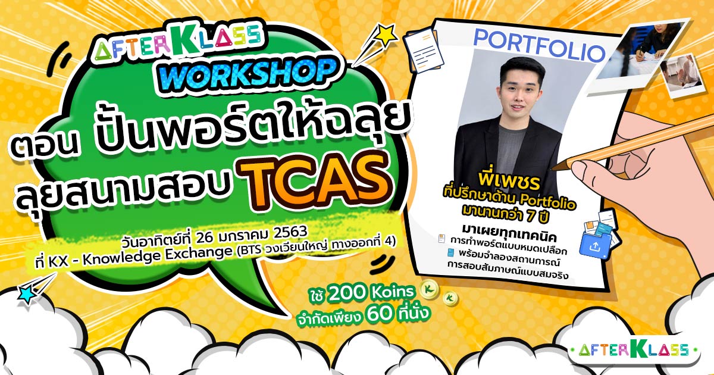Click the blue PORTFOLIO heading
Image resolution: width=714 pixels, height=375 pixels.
539,46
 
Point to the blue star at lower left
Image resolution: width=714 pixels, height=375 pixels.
27,294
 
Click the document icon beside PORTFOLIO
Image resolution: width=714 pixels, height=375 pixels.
423,51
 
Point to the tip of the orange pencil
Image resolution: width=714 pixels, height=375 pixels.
553,168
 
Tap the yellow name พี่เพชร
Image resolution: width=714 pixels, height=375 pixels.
509,180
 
